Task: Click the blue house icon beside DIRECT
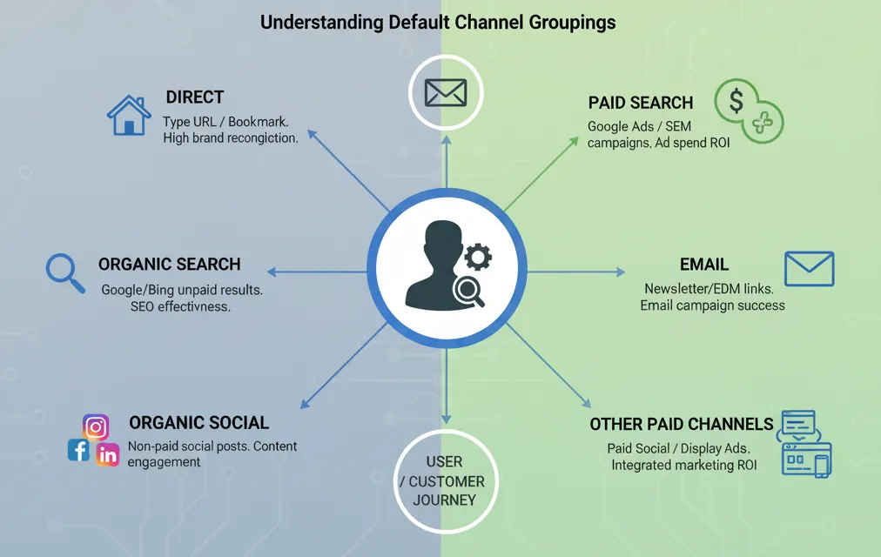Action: tap(129, 115)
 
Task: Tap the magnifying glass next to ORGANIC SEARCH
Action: tap(65, 273)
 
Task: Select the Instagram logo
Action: tap(96, 427)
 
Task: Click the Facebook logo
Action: tap(78, 450)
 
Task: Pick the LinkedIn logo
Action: tap(107, 455)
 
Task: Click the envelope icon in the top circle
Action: tap(446, 92)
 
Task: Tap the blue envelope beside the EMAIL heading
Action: tap(809, 268)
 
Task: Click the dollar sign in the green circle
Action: tap(736, 101)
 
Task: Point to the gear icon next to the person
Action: tap(478, 257)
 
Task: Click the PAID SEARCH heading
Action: tap(641, 103)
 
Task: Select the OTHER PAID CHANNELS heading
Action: tap(682, 424)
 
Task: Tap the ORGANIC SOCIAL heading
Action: tap(198, 422)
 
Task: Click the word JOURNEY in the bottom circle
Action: tap(444, 500)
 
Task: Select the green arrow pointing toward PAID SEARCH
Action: tap(541, 173)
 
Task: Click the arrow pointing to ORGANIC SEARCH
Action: tap(317, 272)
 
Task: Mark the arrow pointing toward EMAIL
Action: tap(576, 272)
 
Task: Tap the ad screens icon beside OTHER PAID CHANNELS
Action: tap(804, 444)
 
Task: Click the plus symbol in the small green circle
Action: tap(763, 123)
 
